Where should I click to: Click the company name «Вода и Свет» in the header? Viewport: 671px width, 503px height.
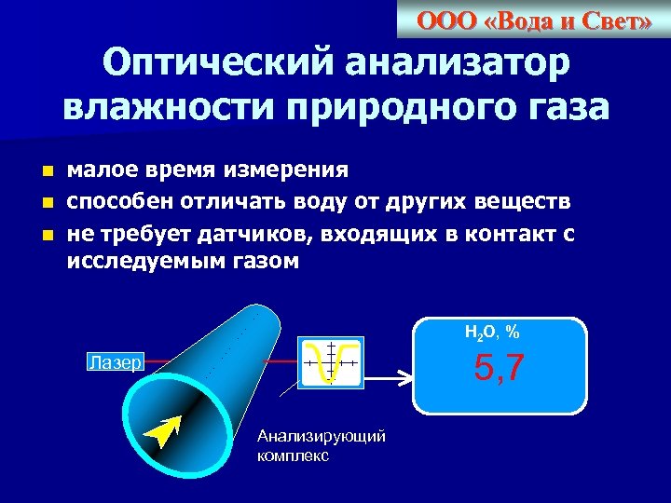coord(534,20)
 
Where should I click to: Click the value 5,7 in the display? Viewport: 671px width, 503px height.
coord(500,369)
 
